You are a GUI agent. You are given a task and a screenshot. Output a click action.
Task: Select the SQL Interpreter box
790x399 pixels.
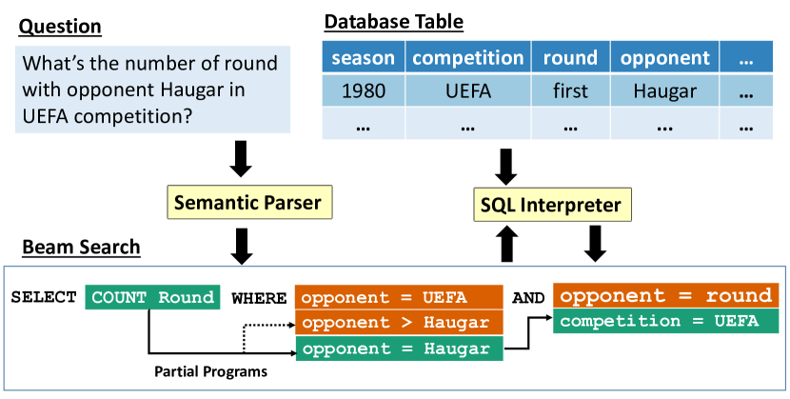549,204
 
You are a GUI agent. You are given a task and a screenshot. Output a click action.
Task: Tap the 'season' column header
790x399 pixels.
363,58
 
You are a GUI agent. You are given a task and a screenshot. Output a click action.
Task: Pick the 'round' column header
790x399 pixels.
570,58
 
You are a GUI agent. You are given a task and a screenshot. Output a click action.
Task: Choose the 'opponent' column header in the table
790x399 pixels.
663,58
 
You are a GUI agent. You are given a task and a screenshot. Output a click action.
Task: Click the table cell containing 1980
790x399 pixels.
363,91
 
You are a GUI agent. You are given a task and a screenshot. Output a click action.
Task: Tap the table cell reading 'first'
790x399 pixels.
570,91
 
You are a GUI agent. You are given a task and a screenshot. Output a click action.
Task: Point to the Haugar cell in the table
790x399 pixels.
663,91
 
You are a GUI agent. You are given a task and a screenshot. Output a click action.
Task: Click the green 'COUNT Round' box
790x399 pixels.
153,297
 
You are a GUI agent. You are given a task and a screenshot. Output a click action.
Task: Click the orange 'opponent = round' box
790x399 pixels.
665,295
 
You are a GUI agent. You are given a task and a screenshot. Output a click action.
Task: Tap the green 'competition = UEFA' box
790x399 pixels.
665,322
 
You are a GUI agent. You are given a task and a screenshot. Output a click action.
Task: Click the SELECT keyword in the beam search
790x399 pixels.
44,297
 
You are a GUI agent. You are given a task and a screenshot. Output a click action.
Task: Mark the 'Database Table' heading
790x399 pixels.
394,21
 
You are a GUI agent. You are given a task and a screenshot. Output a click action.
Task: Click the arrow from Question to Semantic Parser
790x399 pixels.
241,158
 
